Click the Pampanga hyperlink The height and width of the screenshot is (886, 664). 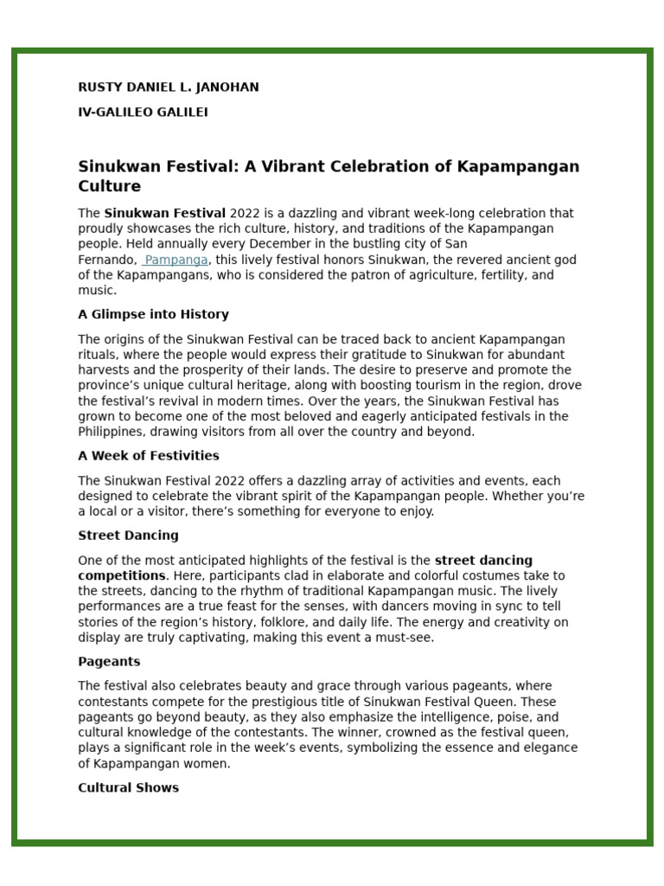coord(176,260)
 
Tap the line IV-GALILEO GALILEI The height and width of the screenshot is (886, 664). coord(143,112)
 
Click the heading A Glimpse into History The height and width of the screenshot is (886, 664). coord(153,314)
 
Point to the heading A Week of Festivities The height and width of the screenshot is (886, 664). coord(149,456)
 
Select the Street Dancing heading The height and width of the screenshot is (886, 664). coord(128,536)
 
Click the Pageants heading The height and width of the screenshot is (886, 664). coord(109,662)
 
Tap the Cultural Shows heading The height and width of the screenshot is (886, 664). coord(128,788)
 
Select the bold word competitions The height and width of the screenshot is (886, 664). coord(121,575)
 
